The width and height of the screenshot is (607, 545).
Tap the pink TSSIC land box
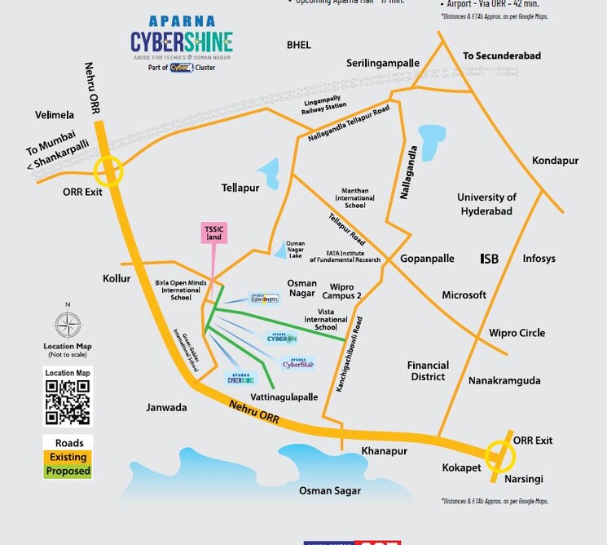pos(213,233)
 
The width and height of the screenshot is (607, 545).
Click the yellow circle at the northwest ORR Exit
pos(108,171)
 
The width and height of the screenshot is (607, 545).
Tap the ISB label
pos(489,259)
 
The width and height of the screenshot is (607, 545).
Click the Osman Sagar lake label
pos(330,490)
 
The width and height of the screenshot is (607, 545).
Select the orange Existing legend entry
pos(68,458)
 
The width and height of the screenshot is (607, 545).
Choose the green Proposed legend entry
pos(68,471)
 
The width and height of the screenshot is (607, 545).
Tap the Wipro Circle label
pos(517,333)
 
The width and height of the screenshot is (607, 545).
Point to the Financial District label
pos(428,371)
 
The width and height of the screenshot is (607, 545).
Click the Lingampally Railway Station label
pos(325,102)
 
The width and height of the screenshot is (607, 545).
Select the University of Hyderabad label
pos(486,204)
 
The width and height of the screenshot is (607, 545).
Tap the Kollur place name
pos(117,278)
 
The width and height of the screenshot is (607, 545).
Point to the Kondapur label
pos(555,161)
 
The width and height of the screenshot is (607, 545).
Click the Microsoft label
pos(464,295)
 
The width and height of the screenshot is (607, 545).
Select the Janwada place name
pos(166,407)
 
